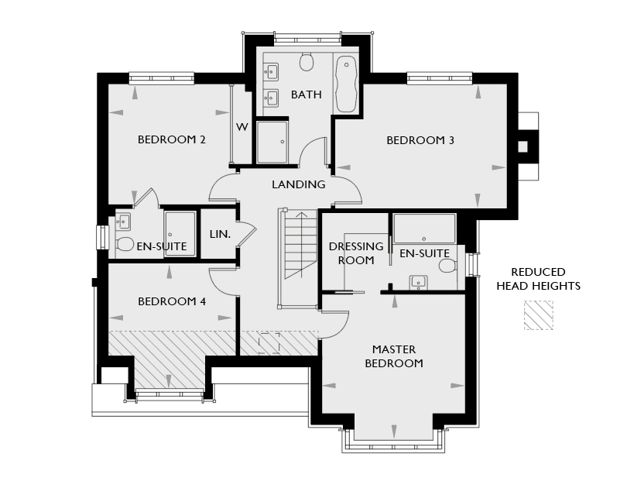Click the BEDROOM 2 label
point(172,139)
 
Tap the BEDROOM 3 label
point(420,140)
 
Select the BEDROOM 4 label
point(172,301)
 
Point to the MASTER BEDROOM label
point(394,356)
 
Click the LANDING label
point(299,184)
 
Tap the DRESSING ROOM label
point(356,253)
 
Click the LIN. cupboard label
point(220,234)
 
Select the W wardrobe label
point(242,127)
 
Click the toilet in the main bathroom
point(307,61)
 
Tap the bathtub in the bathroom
point(346,84)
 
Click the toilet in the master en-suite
point(448,266)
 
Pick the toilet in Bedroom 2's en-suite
point(125,243)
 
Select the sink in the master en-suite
point(418,283)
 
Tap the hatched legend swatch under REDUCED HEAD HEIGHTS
point(539,315)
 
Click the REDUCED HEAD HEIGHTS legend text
point(538,279)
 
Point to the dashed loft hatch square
point(269,343)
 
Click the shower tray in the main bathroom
point(272,143)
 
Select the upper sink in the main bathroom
point(272,73)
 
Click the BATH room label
point(307,95)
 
